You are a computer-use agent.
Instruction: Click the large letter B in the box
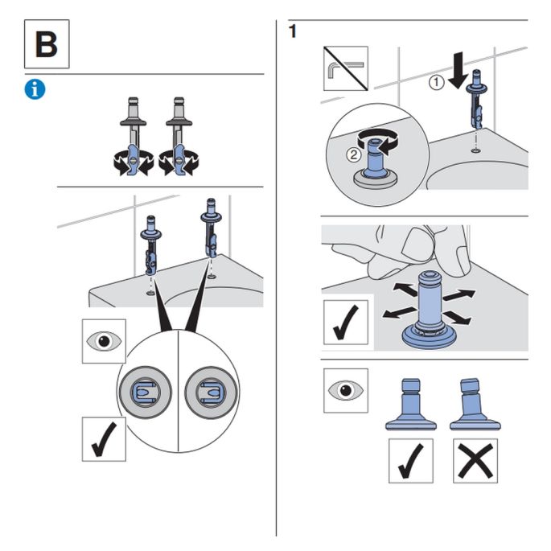tap(46, 45)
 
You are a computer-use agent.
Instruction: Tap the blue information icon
tap(35, 89)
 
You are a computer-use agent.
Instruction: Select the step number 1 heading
tap(293, 31)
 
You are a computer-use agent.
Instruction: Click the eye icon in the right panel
tap(345, 391)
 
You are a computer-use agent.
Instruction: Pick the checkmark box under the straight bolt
tap(411, 460)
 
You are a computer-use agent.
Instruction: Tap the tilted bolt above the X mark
tap(474, 402)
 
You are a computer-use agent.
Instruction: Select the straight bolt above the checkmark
tap(411, 402)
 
